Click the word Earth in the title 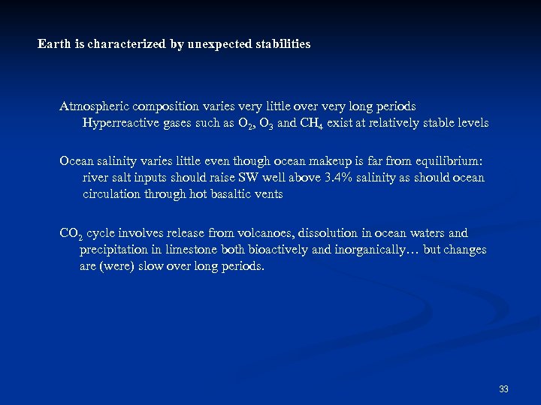53,44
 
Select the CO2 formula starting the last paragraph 71,234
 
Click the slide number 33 503,388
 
